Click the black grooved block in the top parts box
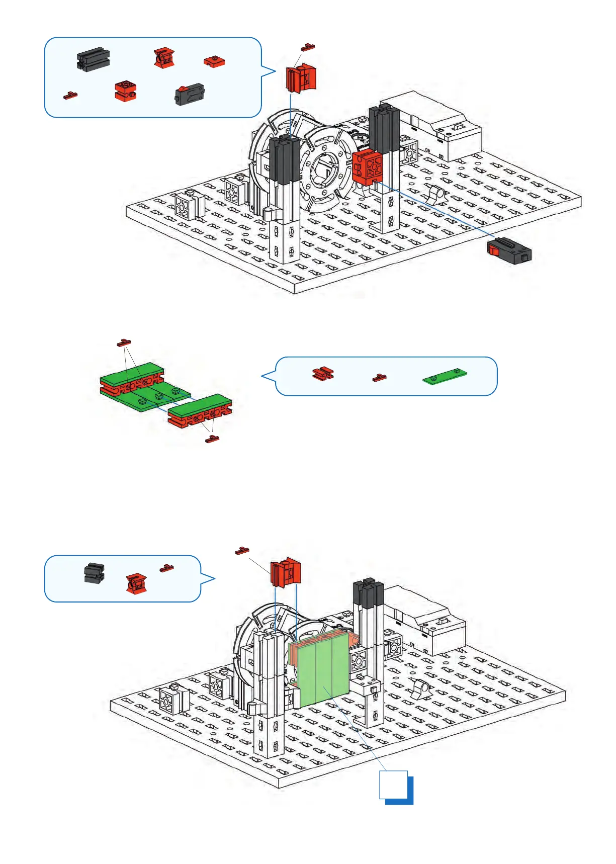[x=94, y=59]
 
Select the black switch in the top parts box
[x=190, y=94]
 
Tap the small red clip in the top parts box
[x=70, y=95]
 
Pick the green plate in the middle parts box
[x=445, y=375]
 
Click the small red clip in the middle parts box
[x=379, y=378]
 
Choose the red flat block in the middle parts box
[x=323, y=373]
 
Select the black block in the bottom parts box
[x=94, y=573]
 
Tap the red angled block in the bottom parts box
[x=136, y=583]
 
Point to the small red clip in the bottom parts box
[x=167, y=568]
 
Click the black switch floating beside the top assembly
[x=509, y=251]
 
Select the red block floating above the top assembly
[x=301, y=78]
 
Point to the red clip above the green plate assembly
[x=124, y=343]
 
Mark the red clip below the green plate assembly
[x=212, y=439]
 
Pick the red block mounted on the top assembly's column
[x=367, y=165]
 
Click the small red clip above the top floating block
[x=308, y=47]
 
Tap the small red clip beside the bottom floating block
[x=242, y=551]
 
